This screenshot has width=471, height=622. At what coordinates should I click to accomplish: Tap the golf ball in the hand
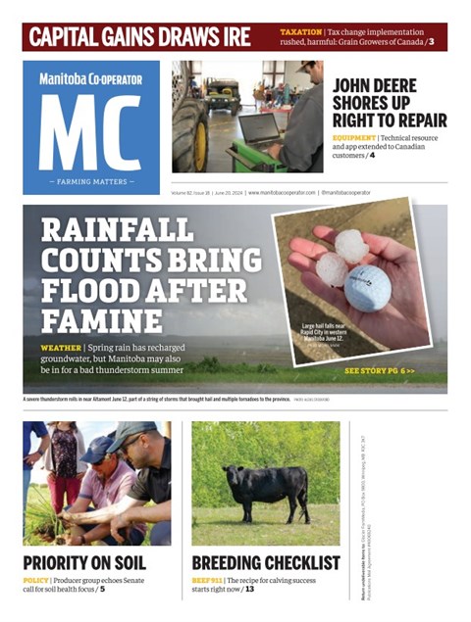click(367, 288)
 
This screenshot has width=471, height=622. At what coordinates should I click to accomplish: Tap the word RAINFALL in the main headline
click(118, 231)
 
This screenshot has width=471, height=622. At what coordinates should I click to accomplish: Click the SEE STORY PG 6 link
click(380, 371)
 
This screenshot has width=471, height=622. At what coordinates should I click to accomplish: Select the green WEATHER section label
click(61, 349)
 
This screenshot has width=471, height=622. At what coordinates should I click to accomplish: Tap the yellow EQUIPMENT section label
click(354, 138)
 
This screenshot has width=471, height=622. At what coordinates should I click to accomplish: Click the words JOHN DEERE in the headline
click(374, 85)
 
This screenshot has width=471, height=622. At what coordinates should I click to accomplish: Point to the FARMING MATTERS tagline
click(91, 182)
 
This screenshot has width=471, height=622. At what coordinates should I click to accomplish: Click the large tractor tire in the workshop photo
click(189, 132)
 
